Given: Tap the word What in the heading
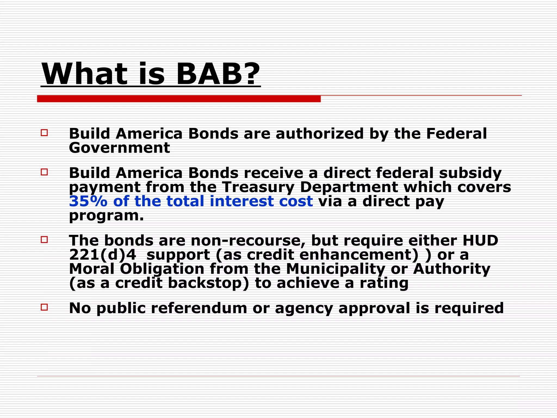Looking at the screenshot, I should coord(84,74).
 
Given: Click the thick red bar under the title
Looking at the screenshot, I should coord(179,99).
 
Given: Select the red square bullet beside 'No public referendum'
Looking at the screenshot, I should coord(44,307).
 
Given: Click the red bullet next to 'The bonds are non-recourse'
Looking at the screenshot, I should coord(44,239).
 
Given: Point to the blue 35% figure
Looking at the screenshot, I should coord(88,201).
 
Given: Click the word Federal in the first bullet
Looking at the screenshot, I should coord(456,134).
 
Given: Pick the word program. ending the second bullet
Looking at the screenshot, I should coord(106,216).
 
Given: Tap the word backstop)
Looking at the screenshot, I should coord(208,283).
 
